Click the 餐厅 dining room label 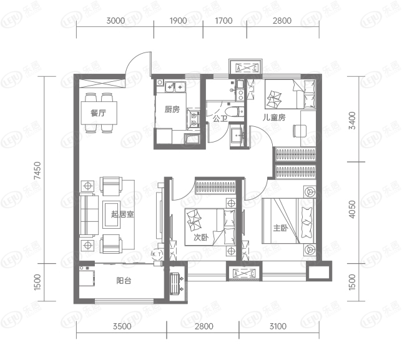(99, 112)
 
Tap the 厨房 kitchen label (172, 109)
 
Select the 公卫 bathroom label (220, 119)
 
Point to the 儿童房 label (274, 117)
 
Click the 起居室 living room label (122, 214)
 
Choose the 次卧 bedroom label (201, 237)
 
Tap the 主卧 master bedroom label (280, 227)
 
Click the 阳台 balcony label (124, 281)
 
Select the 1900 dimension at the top (178, 21)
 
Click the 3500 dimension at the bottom (122, 326)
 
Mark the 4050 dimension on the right (352, 209)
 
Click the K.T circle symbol (157, 254)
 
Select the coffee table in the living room (111, 214)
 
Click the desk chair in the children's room (300, 131)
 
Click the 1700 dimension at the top (224, 21)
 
